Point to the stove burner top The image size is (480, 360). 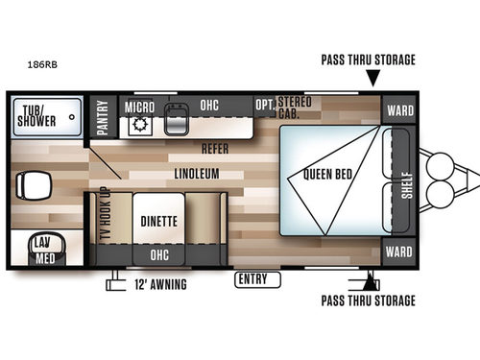137,125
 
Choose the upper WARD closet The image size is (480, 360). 399,109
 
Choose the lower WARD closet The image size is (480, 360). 399,253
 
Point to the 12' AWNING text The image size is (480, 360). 159,285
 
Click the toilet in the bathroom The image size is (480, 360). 35,185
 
